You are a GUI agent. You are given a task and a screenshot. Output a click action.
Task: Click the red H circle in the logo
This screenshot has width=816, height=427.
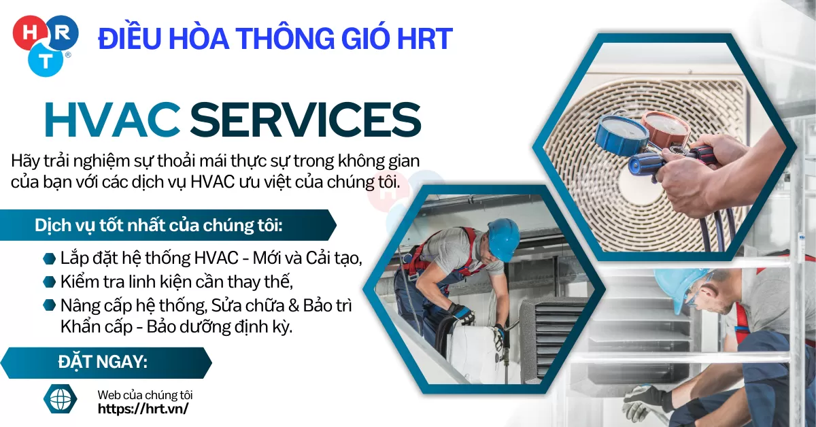[28, 31]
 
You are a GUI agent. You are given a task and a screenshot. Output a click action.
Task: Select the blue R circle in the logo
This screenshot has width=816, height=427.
[63, 32]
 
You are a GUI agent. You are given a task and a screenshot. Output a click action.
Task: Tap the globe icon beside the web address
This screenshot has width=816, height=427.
[60, 398]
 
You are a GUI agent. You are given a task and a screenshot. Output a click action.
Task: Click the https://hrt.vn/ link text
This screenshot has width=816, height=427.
[143, 409]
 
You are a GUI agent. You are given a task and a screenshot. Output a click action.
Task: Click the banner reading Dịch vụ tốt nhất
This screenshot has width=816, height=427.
[163, 226]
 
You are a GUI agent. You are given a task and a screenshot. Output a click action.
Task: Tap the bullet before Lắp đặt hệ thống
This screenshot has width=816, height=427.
[49, 258]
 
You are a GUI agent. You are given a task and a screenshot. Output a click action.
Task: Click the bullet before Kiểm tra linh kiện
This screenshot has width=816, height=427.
[49, 281]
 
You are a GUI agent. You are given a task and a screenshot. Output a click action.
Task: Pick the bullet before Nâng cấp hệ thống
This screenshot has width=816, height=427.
[49, 305]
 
